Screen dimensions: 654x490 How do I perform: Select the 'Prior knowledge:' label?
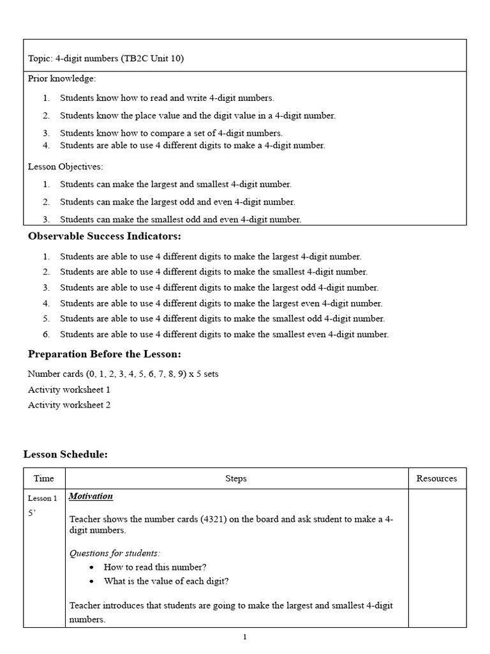(62, 79)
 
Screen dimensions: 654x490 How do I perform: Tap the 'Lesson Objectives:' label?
(65, 167)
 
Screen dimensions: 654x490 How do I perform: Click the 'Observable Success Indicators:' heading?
(105, 236)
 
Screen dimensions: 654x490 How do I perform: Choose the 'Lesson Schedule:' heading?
(66, 454)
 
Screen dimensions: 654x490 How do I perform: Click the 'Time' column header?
(44, 478)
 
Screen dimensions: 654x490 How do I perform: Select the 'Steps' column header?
(236, 478)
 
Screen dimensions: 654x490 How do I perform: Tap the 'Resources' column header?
(436, 478)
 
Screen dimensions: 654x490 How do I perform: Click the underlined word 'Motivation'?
(91, 496)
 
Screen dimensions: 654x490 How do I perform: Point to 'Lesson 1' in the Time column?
(42, 498)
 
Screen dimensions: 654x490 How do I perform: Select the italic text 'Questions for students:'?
(115, 552)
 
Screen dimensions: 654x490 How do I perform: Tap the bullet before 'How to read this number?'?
(93, 567)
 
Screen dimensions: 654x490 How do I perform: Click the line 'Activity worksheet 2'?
(69, 405)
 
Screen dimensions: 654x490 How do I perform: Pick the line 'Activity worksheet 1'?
(69, 390)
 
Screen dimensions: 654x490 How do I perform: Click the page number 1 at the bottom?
(244, 637)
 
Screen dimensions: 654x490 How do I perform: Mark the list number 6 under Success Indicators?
(46, 334)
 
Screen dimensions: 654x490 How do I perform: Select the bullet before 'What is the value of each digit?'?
(93, 581)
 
